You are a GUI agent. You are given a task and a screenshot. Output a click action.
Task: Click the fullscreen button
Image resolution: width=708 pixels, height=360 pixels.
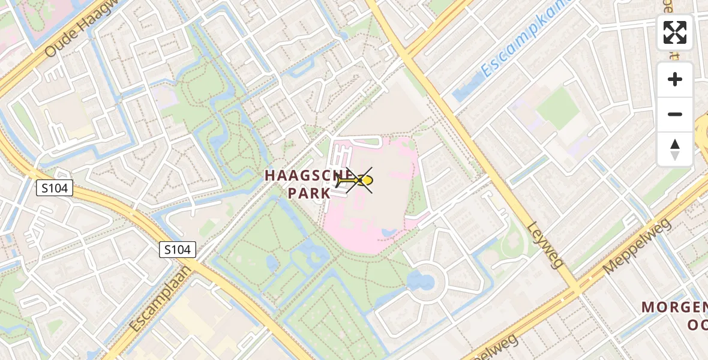[x=675, y=32]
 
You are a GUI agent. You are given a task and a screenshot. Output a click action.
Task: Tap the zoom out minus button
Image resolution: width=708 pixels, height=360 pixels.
[x=675, y=114]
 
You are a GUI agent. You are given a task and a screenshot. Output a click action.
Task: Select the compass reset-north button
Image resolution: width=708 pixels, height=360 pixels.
[x=675, y=149]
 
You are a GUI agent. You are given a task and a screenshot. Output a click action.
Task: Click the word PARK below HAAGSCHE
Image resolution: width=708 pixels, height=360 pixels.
[x=309, y=193]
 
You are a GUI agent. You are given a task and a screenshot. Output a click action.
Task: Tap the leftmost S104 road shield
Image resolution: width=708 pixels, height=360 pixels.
[x=54, y=188]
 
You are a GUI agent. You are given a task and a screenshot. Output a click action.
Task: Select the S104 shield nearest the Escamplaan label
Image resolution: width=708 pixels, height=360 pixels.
[x=178, y=250]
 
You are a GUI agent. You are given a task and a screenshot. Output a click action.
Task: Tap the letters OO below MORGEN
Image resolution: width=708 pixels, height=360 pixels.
[x=697, y=325]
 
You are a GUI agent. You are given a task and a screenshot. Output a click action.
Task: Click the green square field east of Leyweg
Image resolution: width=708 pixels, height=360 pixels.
[x=557, y=109]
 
